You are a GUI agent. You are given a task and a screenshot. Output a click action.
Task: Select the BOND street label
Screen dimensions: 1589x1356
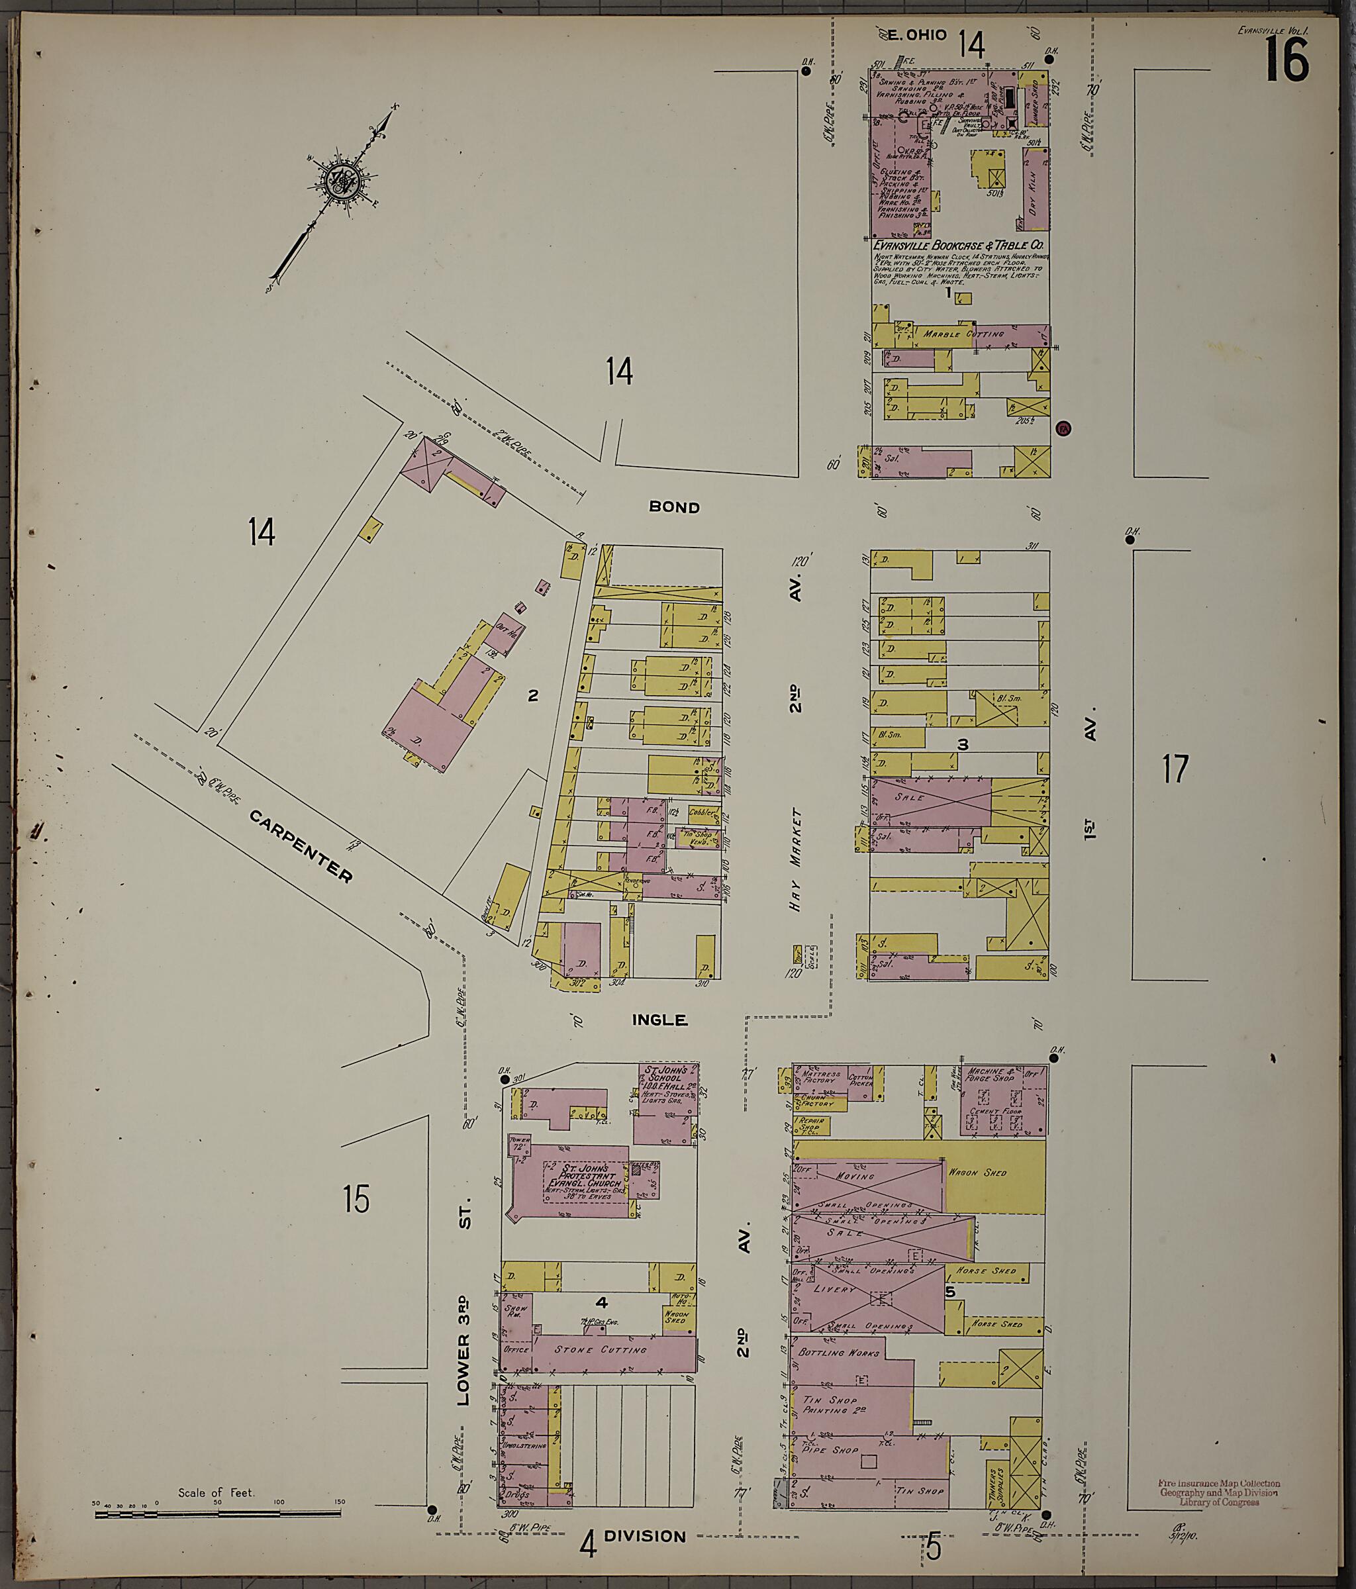(674, 507)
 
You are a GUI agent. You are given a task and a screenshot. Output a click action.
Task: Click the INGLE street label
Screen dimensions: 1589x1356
(659, 1020)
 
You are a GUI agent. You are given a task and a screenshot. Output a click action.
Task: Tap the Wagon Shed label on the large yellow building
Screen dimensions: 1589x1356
(978, 1173)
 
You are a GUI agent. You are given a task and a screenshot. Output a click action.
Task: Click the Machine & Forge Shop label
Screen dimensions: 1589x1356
(992, 1075)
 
